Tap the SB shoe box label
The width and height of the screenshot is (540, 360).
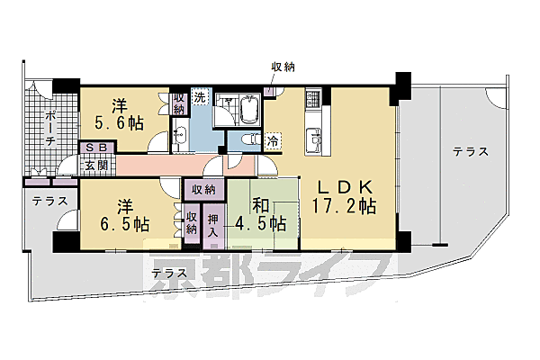96,148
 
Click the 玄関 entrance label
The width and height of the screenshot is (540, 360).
96,165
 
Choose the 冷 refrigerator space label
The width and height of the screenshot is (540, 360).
274,140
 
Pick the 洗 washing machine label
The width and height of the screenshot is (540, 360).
199,97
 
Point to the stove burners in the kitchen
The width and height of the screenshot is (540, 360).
312,97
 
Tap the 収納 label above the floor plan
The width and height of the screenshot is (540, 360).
283,67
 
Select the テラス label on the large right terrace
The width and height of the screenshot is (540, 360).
471,152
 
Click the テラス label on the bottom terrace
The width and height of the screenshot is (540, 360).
169,273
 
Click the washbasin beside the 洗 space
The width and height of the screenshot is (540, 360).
181,135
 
